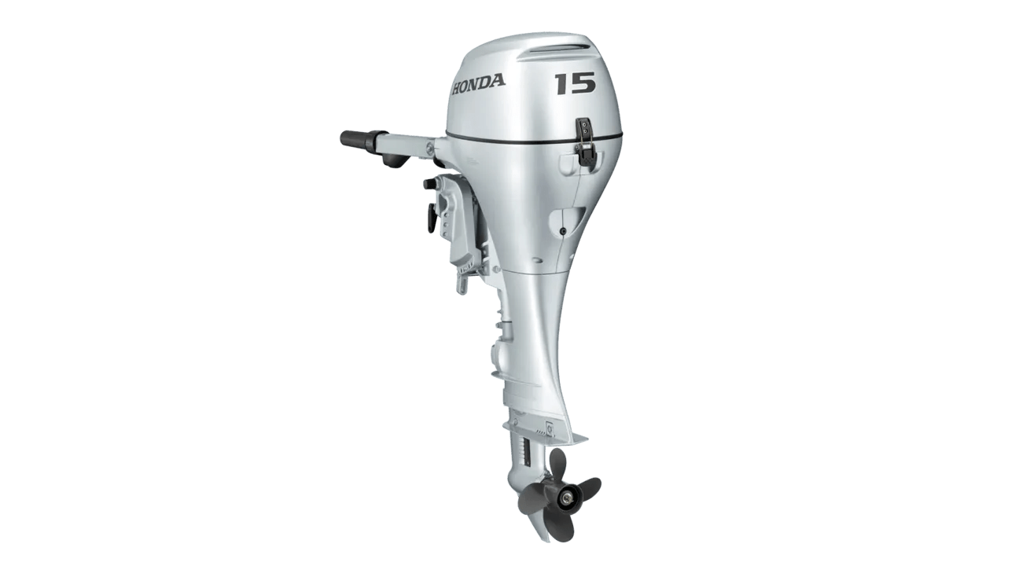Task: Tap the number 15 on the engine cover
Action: coord(574,83)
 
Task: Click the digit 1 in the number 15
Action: coord(561,83)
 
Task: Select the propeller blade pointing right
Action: coord(587,487)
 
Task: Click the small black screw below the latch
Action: coord(564,230)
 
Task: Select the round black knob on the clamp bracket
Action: coord(428,184)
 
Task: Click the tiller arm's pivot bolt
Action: coord(429,147)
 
